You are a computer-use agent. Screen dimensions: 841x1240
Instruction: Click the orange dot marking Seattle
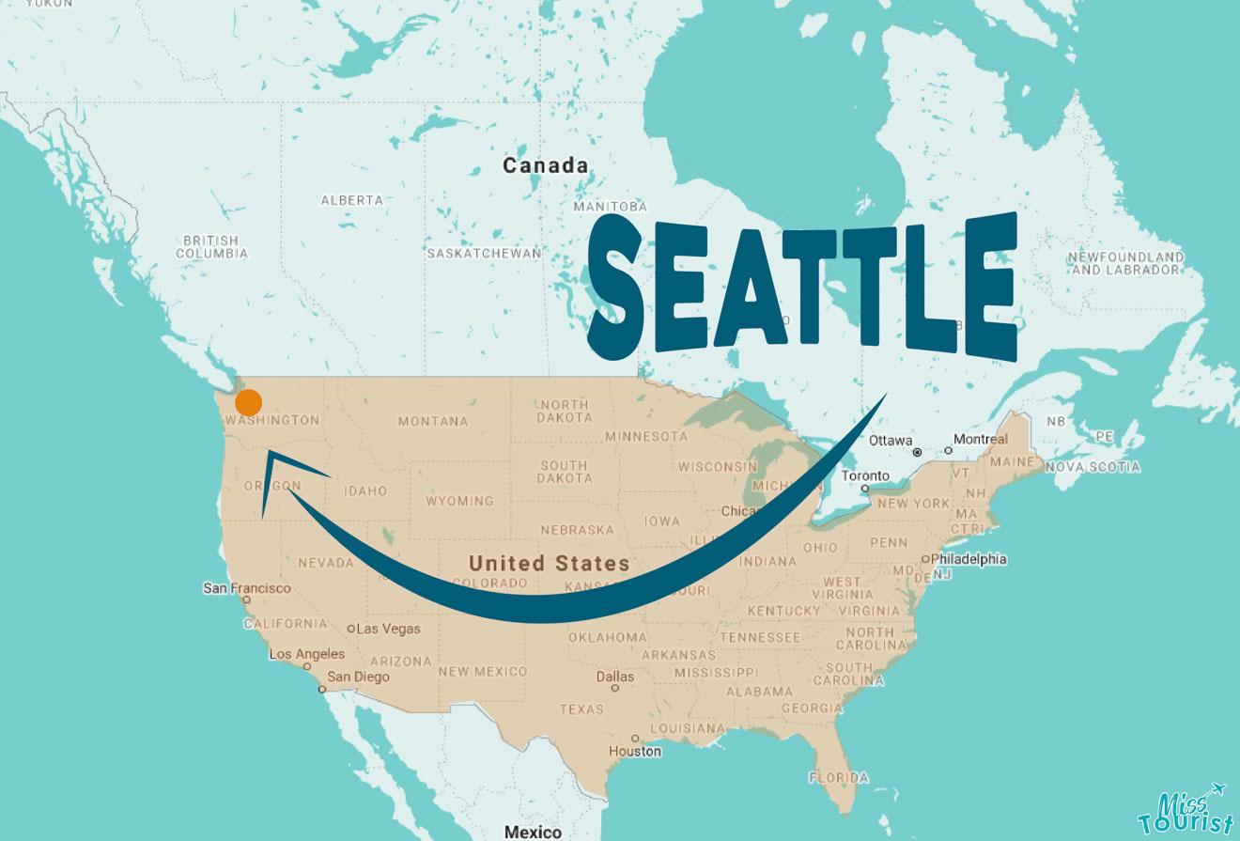click(248, 403)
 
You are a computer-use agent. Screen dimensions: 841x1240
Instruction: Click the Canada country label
click(546, 166)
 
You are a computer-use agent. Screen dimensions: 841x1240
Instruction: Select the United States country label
click(550, 564)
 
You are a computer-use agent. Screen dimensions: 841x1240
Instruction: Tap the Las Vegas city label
click(388, 629)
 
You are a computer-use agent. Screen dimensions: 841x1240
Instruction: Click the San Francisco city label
click(247, 588)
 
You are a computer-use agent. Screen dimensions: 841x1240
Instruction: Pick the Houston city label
click(635, 751)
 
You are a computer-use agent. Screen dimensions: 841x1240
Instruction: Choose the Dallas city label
click(615, 677)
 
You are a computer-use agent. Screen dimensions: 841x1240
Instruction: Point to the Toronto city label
click(865, 475)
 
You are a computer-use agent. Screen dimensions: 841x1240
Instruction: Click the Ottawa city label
click(891, 440)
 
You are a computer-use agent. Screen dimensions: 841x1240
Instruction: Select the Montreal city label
click(980, 439)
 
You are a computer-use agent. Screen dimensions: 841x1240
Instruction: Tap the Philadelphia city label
click(969, 559)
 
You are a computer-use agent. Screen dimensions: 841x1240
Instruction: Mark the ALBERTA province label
click(352, 200)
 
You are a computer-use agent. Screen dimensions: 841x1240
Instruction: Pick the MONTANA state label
click(433, 422)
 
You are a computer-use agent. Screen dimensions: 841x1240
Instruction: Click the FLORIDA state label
click(839, 778)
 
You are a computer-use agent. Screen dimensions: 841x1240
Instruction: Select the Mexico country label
click(533, 832)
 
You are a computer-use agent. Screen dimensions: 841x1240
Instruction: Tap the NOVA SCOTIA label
click(1093, 467)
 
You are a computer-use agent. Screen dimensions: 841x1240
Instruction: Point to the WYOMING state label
click(459, 502)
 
